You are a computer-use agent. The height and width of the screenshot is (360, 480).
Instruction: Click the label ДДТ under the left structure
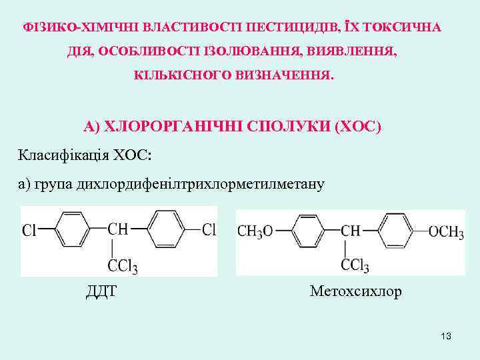click(101, 291)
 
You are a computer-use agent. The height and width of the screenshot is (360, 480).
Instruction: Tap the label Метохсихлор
click(356, 291)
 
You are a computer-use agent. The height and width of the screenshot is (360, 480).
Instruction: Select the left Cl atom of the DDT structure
click(30, 231)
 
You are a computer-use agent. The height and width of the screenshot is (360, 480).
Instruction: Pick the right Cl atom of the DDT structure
click(209, 230)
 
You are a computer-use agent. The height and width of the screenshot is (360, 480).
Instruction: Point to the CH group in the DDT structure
click(118, 230)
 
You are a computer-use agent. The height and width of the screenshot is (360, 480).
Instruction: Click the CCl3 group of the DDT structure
click(123, 267)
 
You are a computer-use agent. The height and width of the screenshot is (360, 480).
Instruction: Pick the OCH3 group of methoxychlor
click(446, 231)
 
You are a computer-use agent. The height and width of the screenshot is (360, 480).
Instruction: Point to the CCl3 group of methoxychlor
click(355, 266)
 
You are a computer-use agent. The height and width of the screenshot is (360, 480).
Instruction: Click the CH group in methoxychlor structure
click(351, 231)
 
